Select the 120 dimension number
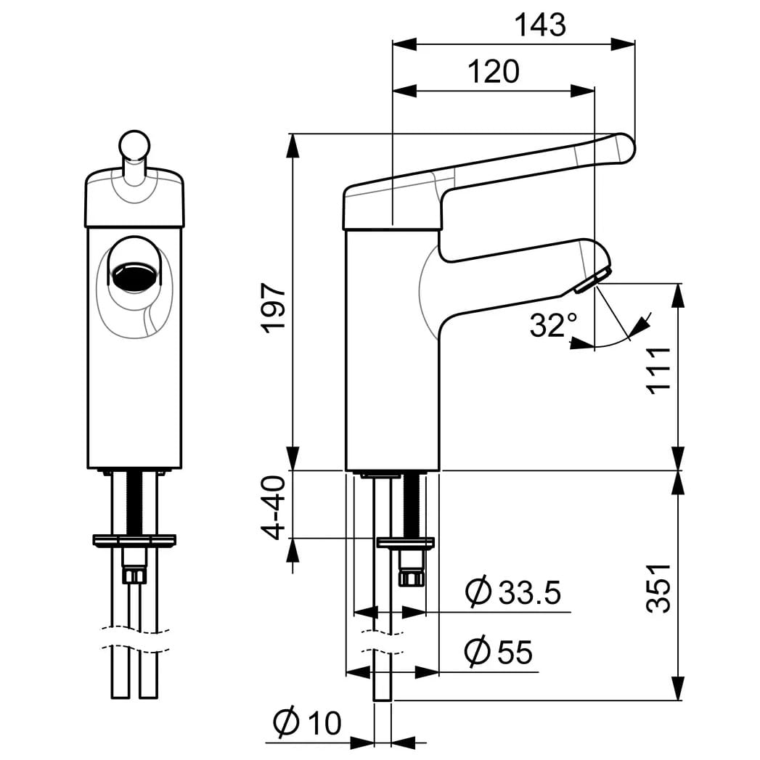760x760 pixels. point(494,71)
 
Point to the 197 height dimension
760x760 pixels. point(274,309)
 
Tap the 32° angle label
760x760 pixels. point(553,324)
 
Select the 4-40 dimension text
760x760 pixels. point(274,507)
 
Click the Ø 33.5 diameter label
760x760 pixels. point(512,592)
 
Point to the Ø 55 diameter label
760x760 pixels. point(498,651)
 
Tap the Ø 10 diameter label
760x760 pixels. point(307,723)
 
